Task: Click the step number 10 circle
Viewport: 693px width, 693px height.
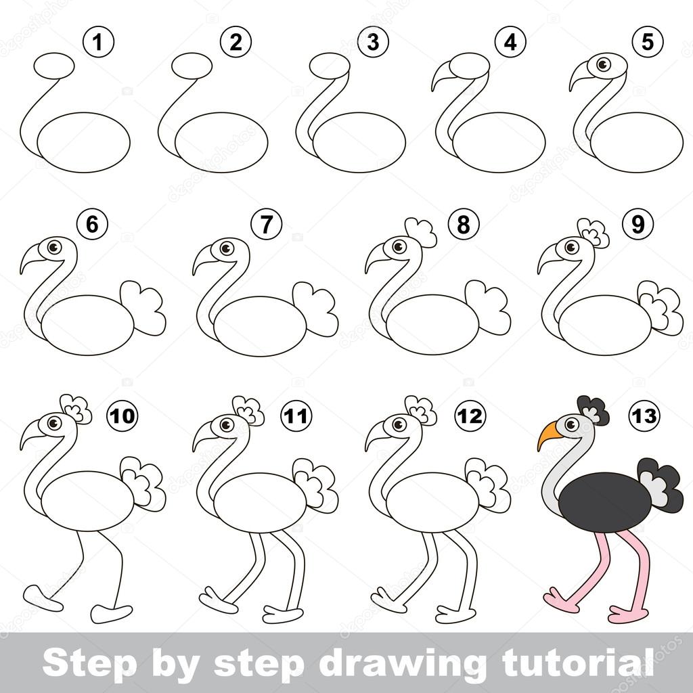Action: [122, 416]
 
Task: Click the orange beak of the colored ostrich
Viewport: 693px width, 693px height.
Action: [547, 435]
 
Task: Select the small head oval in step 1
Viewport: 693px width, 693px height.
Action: [55, 67]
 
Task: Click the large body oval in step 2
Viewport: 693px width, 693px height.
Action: [221, 142]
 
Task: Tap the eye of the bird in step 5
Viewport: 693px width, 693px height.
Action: [600, 66]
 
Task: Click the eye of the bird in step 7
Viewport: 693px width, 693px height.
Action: [225, 248]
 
